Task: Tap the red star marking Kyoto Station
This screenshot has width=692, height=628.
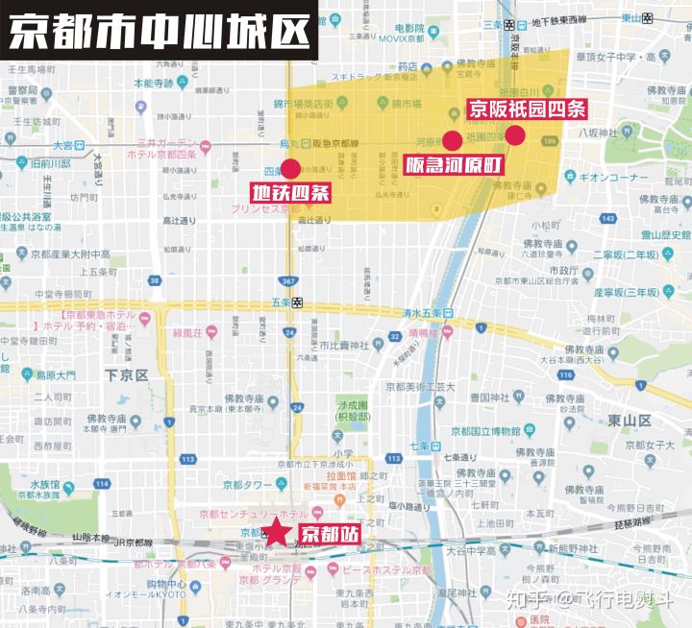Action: (277, 531)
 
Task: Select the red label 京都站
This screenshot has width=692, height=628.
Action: (329, 534)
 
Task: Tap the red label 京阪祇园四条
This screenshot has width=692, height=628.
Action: (526, 109)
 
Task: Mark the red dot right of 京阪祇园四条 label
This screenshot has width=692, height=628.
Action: (515, 135)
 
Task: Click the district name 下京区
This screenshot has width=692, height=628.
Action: (125, 374)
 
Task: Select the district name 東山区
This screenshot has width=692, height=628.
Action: (629, 421)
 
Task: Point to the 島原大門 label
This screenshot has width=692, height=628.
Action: (55, 374)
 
